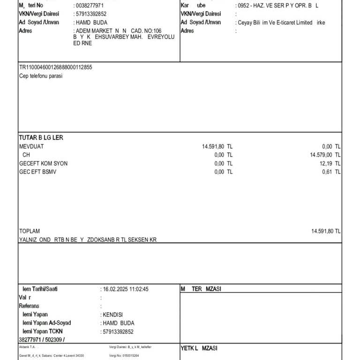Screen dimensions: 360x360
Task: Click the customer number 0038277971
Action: (90, 5)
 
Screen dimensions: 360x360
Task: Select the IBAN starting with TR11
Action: (55, 67)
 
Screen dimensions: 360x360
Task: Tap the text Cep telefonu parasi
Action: (40, 76)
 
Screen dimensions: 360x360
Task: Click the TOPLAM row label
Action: (29, 231)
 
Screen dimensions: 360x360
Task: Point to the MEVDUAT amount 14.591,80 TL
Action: (217, 146)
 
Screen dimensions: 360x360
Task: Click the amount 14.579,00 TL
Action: (325, 155)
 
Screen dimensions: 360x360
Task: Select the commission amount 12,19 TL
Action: (330, 163)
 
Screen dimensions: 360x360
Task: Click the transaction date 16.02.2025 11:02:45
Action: (125, 289)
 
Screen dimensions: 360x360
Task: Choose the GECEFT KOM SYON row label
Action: (43, 163)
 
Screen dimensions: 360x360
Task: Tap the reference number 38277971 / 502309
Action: (42, 340)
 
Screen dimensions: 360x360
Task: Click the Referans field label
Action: (29, 306)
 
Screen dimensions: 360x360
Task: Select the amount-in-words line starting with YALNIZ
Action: (88, 240)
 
